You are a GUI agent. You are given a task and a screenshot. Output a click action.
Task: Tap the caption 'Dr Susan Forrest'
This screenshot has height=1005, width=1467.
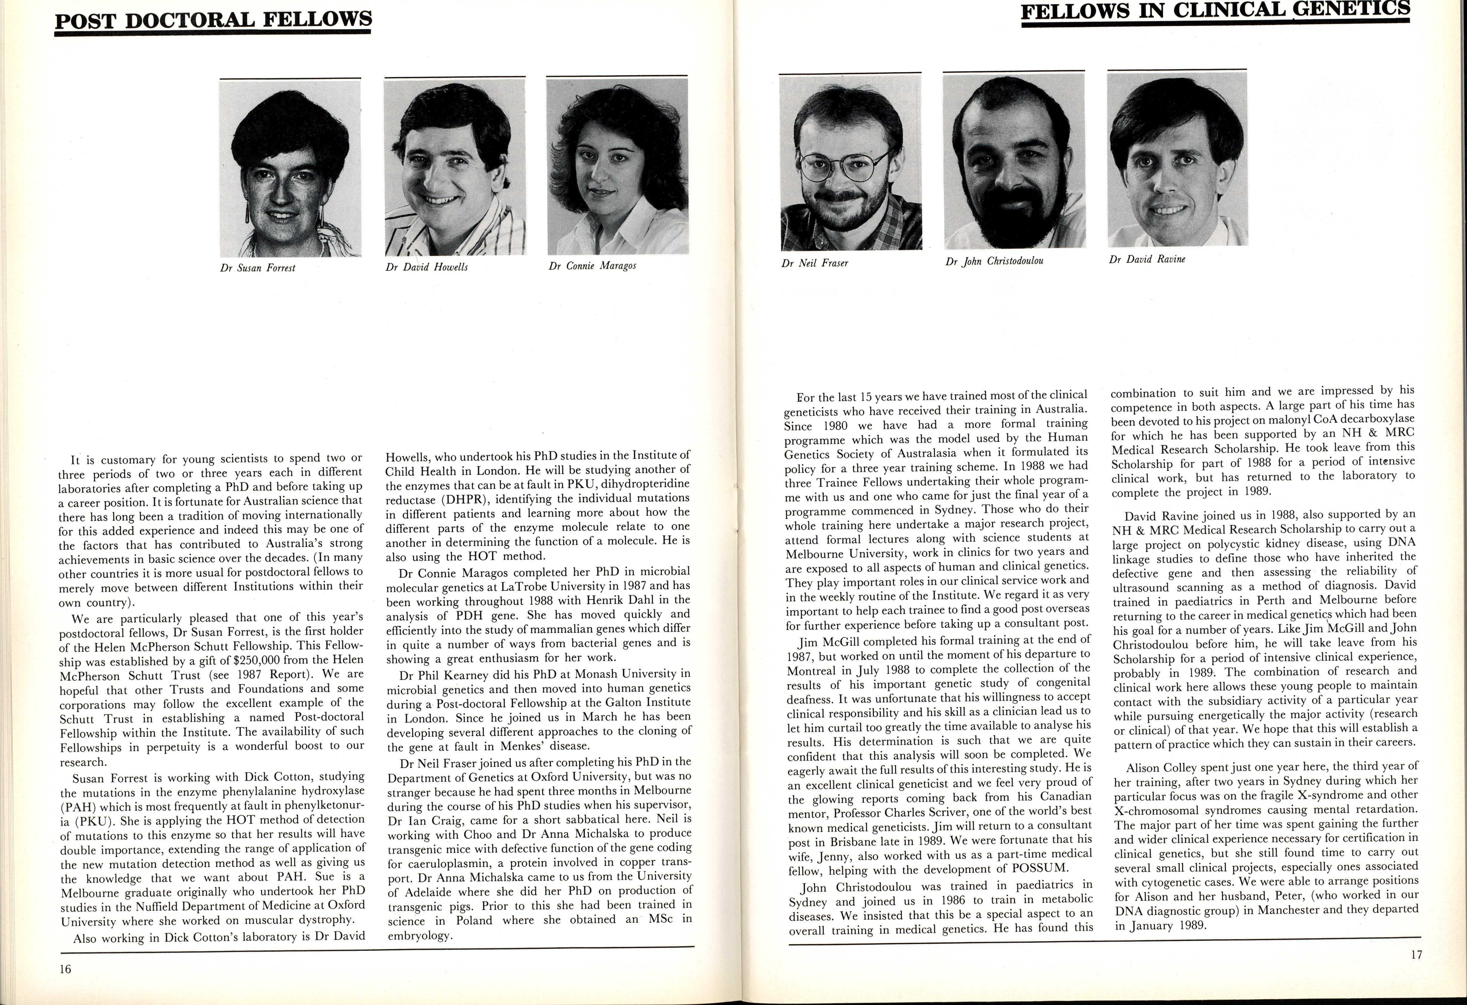pos(257,268)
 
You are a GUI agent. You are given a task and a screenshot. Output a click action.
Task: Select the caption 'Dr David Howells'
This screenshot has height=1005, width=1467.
pos(427,267)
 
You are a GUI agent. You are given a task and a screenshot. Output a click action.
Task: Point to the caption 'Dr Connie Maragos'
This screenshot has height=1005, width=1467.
pos(592,266)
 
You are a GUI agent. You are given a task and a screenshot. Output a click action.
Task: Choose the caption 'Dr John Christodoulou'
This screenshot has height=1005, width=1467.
pos(994,261)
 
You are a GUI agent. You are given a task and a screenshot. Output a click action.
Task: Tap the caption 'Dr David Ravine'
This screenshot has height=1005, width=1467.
pos(1147,259)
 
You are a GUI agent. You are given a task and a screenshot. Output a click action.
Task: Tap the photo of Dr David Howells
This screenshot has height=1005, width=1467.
pos(455,167)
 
